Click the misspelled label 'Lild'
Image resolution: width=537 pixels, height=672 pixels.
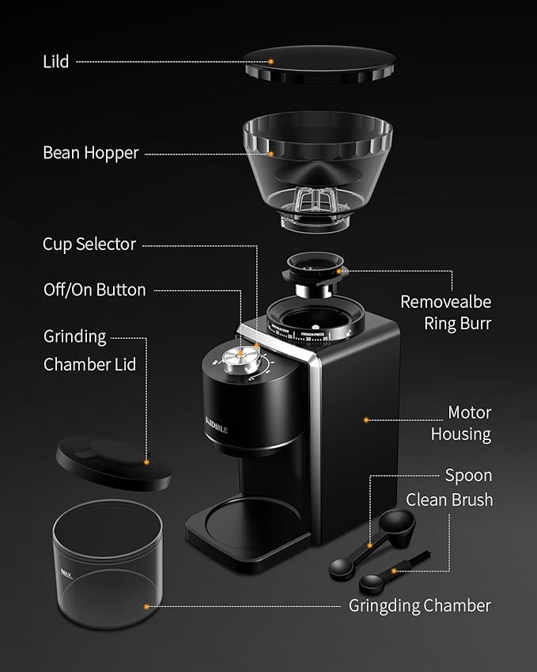(x=57, y=61)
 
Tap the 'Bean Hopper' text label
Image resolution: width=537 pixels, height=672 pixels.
(x=90, y=153)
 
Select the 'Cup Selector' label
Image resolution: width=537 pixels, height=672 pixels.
(x=89, y=245)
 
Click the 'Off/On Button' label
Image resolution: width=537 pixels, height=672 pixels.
(x=94, y=290)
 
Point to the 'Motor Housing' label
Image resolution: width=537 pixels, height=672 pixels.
(x=460, y=423)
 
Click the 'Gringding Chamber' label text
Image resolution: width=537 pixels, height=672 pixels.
(x=419, y=606)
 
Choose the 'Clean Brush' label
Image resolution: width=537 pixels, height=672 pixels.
(x=448, y=499)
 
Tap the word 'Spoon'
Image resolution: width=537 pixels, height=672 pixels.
(x=468, y=476)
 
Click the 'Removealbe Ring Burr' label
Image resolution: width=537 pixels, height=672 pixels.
(x=445, y=312)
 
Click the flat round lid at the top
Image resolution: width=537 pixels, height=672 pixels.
(x=320, y=64)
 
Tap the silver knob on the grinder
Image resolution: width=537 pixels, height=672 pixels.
(x=236, y=359)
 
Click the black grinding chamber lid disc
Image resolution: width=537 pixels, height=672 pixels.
(x=113, y=464)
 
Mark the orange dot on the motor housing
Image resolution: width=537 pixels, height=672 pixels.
(x=366, y=420)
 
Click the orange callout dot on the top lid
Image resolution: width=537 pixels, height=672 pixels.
(x=271, y=61)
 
